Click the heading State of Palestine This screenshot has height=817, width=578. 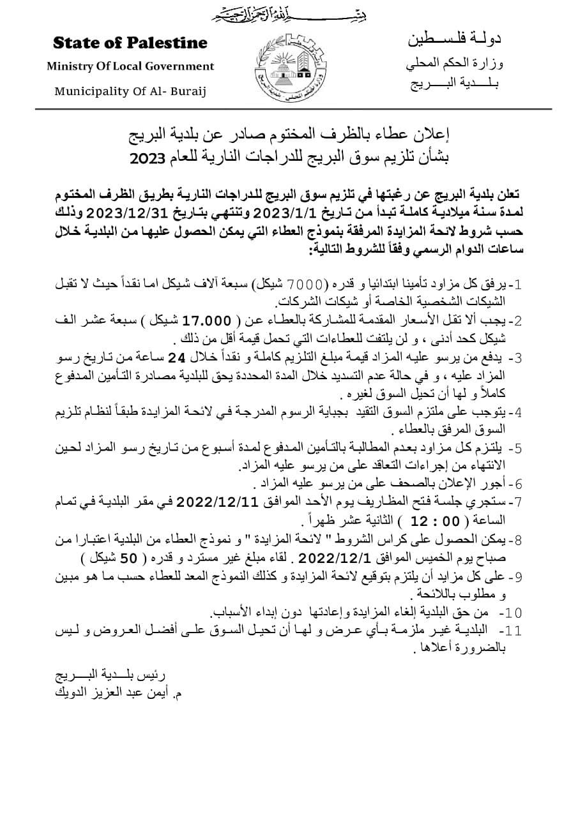coord(130,43)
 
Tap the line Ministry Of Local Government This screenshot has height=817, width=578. coord(130,66)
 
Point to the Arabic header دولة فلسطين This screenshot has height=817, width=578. coord(454,40)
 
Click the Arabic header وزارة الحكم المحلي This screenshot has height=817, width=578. coord(454,64)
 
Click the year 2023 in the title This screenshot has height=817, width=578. coord(148,158)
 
